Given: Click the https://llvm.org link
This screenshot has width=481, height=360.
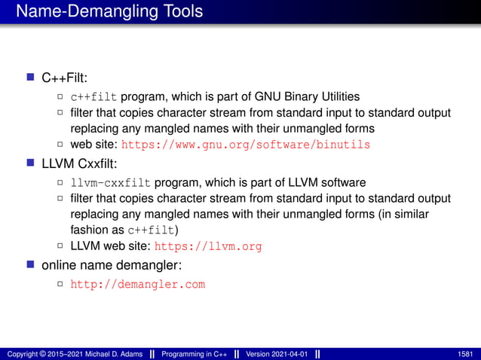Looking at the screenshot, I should (208, 246).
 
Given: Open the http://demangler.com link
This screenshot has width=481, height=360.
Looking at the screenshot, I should (137, 285).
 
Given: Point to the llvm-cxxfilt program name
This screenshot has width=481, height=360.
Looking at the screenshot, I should (111, 182).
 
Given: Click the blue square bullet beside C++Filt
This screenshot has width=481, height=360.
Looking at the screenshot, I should (31, 77).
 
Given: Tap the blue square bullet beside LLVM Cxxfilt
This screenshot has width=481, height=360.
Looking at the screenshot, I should (31, 163).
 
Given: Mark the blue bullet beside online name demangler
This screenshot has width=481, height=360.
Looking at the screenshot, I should (31, 265).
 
